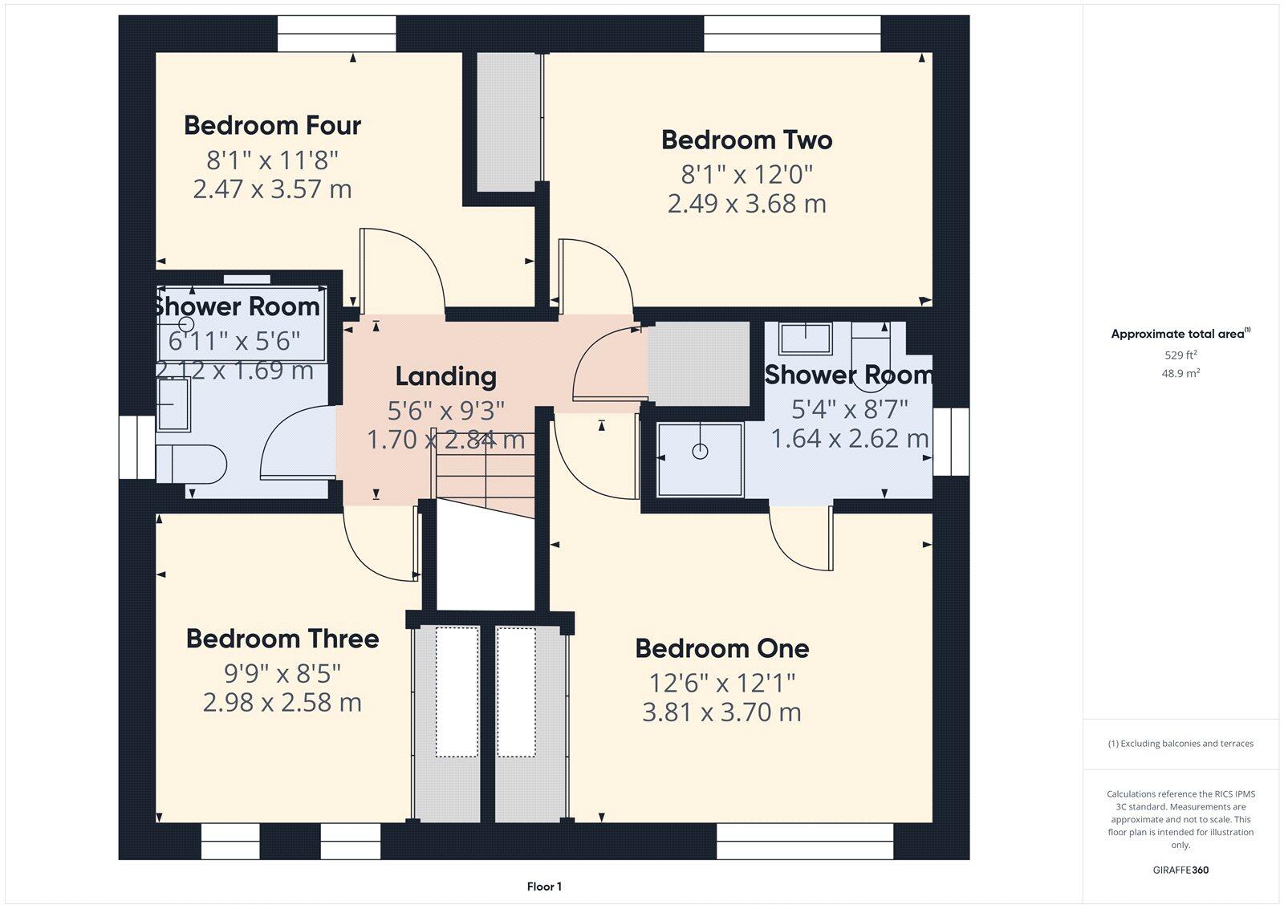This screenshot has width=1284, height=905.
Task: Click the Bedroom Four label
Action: pos(272,125)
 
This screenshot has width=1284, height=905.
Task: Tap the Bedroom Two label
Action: pos(746,140)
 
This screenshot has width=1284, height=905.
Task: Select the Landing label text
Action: pos(446,376)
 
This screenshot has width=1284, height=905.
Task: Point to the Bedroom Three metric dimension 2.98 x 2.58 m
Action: pos(282,702)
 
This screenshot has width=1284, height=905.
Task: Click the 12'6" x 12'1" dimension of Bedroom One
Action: pos(721,683)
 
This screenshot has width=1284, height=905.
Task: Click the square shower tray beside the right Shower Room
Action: pos(700,460)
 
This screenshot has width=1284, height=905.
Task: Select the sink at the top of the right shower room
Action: pos(805,338)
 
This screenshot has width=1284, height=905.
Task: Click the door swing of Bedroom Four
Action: pos(401,269)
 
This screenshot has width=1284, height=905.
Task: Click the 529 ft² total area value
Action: pos(1180,355)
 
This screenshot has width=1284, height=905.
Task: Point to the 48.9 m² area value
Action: pos(1180,373)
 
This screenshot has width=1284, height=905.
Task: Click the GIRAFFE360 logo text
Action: pos(1180,870)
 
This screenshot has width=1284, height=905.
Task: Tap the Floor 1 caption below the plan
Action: pos(544,887)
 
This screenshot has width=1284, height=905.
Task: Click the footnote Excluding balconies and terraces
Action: pos(1180,744)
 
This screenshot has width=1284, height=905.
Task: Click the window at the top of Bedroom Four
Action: pos(337,34)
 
